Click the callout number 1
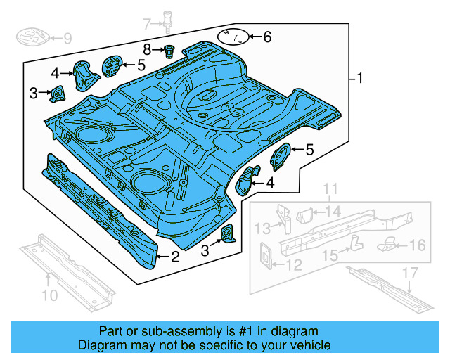[x=361, y=78]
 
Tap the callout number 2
[x=175, y=257]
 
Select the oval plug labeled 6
[x=234, y=36]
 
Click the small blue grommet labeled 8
[x=169, y=50]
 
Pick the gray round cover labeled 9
[x=32, y=37]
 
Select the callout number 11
[x=330, y=188]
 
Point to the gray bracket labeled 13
[x=285, y=218]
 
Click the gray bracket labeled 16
[x=389, y=243]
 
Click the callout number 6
[x=266, y=37]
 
